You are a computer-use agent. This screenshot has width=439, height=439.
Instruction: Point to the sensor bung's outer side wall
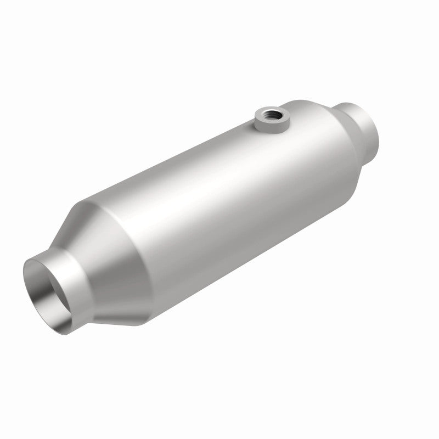(x=268, y=126)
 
